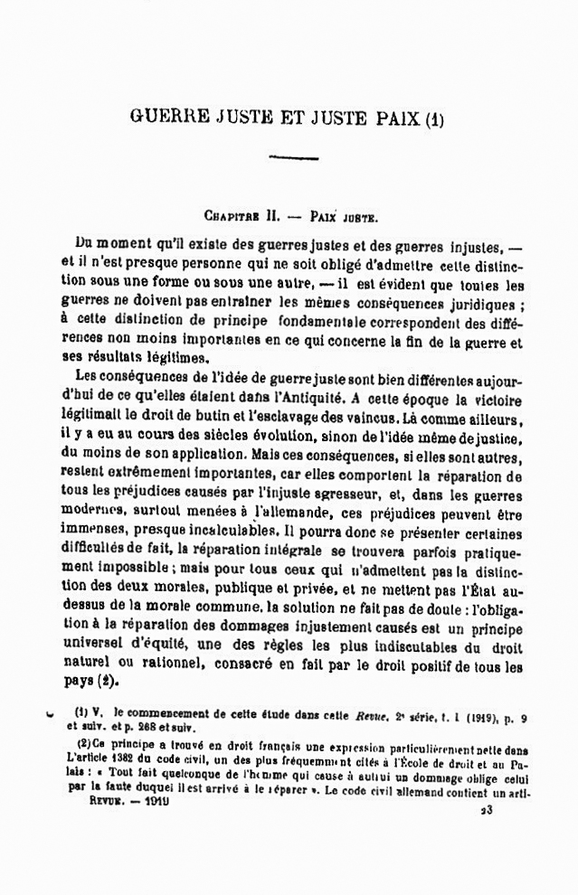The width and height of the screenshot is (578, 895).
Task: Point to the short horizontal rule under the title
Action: click(x=294, y=158)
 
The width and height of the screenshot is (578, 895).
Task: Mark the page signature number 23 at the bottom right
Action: click(x=487, y=811)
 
